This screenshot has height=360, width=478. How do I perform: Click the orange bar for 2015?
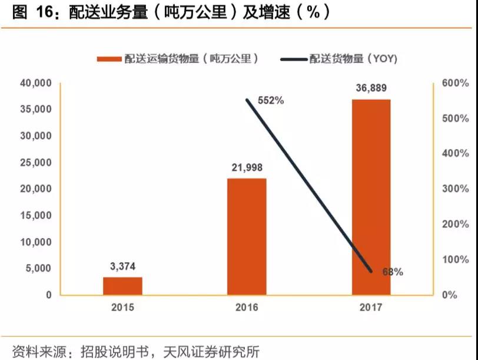122,286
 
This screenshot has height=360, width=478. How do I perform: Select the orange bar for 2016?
247,236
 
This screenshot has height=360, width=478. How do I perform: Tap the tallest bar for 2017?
371,197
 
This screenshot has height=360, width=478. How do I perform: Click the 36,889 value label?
371,88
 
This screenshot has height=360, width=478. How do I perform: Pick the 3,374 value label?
122,266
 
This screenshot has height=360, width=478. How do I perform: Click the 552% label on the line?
271,101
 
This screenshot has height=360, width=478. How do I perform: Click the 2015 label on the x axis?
122,308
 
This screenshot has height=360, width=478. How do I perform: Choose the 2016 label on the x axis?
247,308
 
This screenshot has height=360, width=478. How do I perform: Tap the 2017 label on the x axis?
371,308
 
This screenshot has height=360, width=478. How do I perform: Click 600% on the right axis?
456,83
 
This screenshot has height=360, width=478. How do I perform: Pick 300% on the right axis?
456,189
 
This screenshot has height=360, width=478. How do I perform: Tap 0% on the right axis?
450,295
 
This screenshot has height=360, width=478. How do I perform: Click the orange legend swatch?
109,59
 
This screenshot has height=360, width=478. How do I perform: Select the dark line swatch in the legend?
293,59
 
